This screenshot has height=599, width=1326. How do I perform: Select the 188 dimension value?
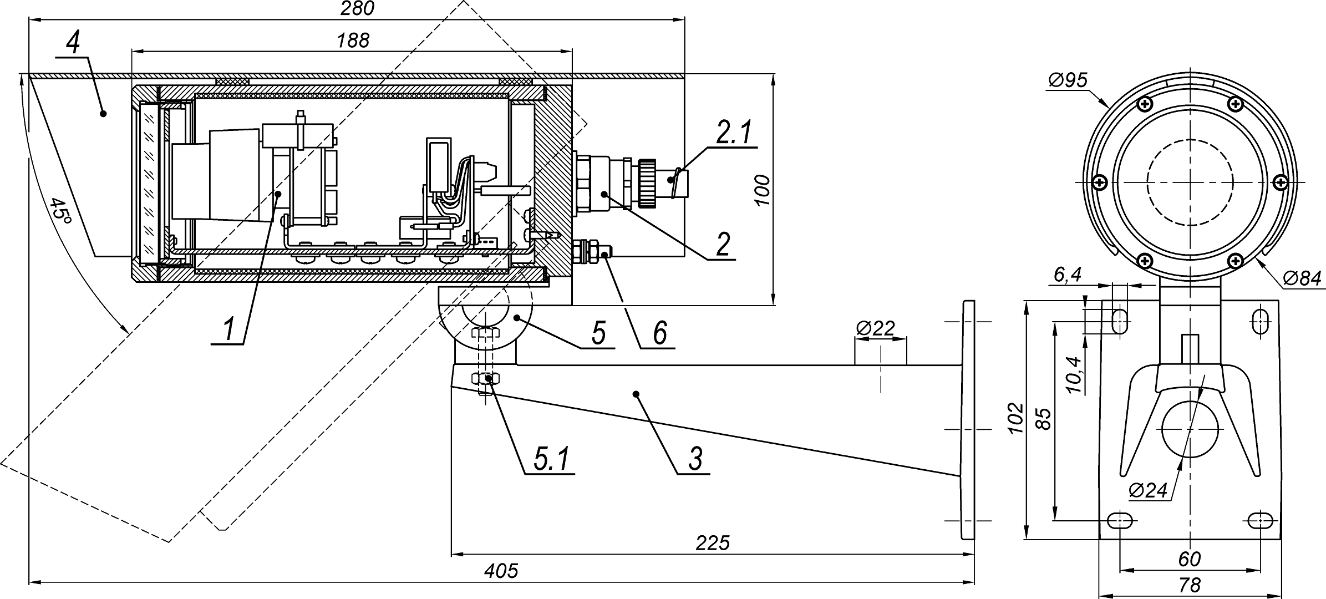(x=353, y=40)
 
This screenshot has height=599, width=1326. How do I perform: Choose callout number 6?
(x=659, y=334)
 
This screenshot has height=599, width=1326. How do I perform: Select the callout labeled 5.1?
(x=551, y=459)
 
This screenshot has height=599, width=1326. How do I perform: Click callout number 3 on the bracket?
(x=695, y=459)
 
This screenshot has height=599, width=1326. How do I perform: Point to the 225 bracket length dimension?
(x=713, y=543)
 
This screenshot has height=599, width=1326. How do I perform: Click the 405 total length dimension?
(x=501, y=571)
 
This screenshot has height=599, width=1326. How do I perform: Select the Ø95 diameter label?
(x=1068, y=80)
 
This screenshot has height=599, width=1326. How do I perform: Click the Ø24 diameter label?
(x=1148, y=490)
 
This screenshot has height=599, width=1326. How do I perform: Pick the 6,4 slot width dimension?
(x=1068, y=275)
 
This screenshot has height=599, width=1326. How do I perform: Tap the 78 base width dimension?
(x=1190, y=585)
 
